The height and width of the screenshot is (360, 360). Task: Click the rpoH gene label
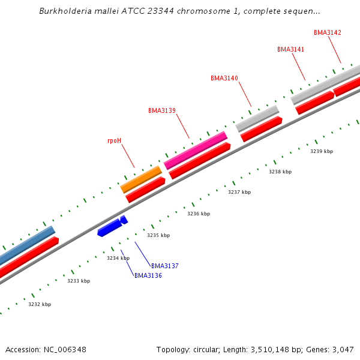(x=114, y=141)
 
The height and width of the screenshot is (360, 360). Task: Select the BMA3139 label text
(x=162, y=110)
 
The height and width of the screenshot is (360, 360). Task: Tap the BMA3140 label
(x=224, y=79)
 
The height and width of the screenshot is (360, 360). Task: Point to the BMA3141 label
(x=290, y=49)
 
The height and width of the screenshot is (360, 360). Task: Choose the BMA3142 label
(x=328, y=32)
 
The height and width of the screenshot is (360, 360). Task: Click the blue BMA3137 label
(x=165, y=266)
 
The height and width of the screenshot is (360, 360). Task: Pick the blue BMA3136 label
(x=148, y=276)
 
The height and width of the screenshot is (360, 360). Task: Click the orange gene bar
(x=142, y=179)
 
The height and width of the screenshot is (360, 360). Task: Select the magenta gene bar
(x=196, y=150)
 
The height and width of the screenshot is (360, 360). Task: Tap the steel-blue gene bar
(x=27, y=245)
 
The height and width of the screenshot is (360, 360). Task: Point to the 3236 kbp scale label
(x=199, y=214)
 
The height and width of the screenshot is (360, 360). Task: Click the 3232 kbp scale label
(x=40, y=304)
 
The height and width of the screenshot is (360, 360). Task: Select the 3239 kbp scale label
(x=321, y=151)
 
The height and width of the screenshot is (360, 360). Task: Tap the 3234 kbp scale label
(x=118, y=258)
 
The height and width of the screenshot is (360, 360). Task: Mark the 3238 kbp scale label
(x=280, y=172)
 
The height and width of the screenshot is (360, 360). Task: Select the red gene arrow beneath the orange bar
(x=145, y=190)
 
